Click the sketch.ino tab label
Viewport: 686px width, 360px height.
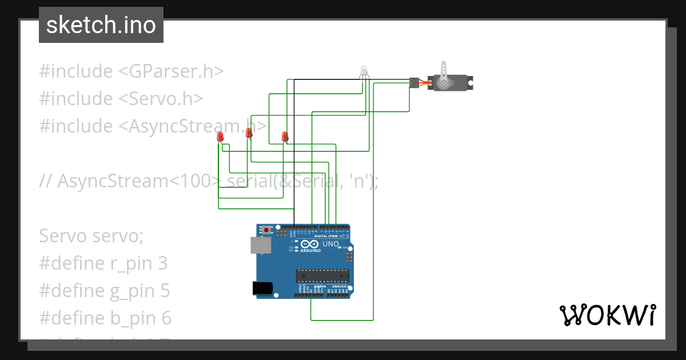101,25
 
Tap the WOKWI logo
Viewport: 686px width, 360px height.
607,315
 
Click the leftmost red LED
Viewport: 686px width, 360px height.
220,137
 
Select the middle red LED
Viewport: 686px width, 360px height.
249,133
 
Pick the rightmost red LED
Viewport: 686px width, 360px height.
285,137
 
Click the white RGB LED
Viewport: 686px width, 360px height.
364,71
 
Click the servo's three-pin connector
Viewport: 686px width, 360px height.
414,82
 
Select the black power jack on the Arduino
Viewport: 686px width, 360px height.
262,288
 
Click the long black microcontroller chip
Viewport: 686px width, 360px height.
322,275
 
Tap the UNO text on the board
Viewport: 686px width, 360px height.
331,244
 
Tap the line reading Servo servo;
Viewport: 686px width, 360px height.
91,235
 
